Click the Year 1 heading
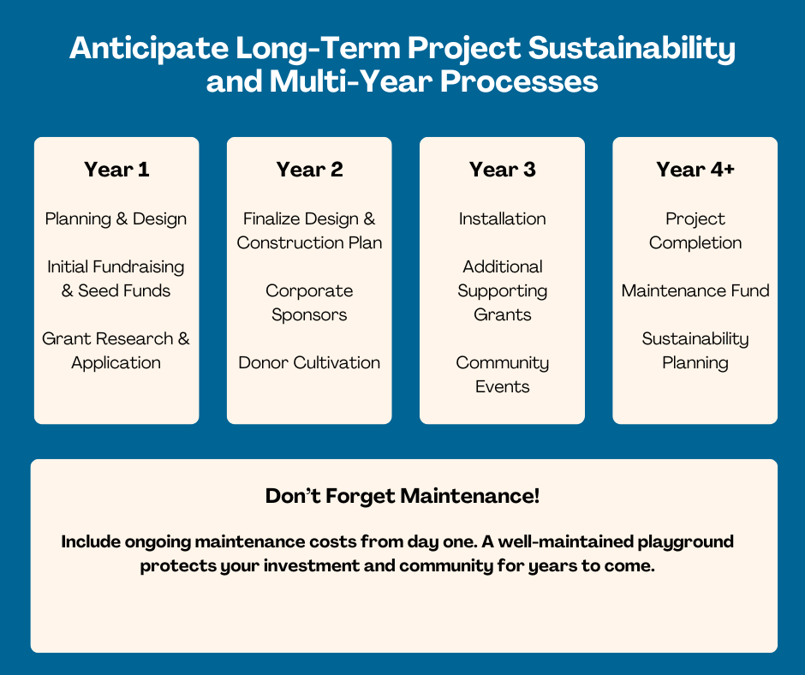(x=116, y=170)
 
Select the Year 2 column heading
(x=309, y=170)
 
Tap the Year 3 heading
(x=502, y=170)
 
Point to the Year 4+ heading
(x=695, y=170)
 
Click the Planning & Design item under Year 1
(x=116, y=219)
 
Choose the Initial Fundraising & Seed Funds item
(x=116, y=279)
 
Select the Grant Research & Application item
(x=116, y=351)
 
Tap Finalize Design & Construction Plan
(x=309, y=231)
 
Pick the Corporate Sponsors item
(x=309, y=303)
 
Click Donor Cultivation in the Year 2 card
(x=309, y=363)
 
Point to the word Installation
(x=502, y=219)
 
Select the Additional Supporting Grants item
(x=502, y=291)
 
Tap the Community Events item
(x=502, y=375)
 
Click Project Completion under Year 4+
(x=695, y=231)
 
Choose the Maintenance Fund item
(x=695, y=291)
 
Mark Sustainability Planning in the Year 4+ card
(x=695, y=351)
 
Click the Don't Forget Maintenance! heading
(x=402, y=497)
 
